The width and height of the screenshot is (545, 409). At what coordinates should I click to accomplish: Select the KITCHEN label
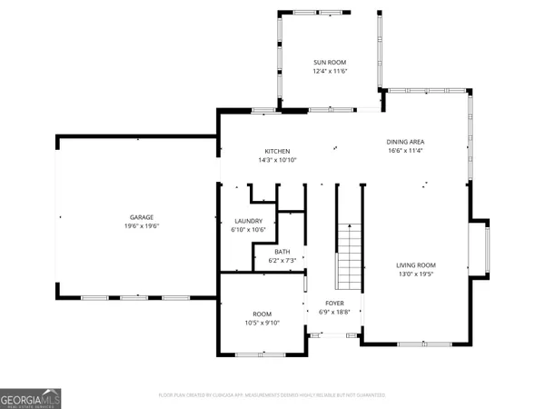(277, 151)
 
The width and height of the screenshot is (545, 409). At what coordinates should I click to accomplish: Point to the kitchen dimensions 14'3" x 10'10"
(277, 160)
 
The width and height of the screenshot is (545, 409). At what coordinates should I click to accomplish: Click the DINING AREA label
(405, 142)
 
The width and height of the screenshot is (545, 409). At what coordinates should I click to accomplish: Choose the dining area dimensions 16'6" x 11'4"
(405, 151)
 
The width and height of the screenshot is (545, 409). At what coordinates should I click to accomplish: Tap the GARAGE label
(141, 217)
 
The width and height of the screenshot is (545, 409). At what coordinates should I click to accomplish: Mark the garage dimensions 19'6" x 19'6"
(141, 226)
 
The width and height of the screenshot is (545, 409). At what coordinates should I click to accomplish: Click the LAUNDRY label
(248, 221)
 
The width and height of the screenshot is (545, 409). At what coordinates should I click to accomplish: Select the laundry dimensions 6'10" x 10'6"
(248, 230)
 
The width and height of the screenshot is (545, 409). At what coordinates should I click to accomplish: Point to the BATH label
(282, 252)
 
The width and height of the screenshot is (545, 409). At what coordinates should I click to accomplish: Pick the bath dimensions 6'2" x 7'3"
(282, 261)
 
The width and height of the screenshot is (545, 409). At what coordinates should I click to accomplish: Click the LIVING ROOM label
(416, 264)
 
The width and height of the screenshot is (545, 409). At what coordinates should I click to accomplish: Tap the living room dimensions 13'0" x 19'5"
(416, 274)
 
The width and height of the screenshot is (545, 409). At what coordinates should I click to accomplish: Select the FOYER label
(335, 303)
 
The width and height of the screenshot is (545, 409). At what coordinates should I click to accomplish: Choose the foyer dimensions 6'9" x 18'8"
(335, 312)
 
